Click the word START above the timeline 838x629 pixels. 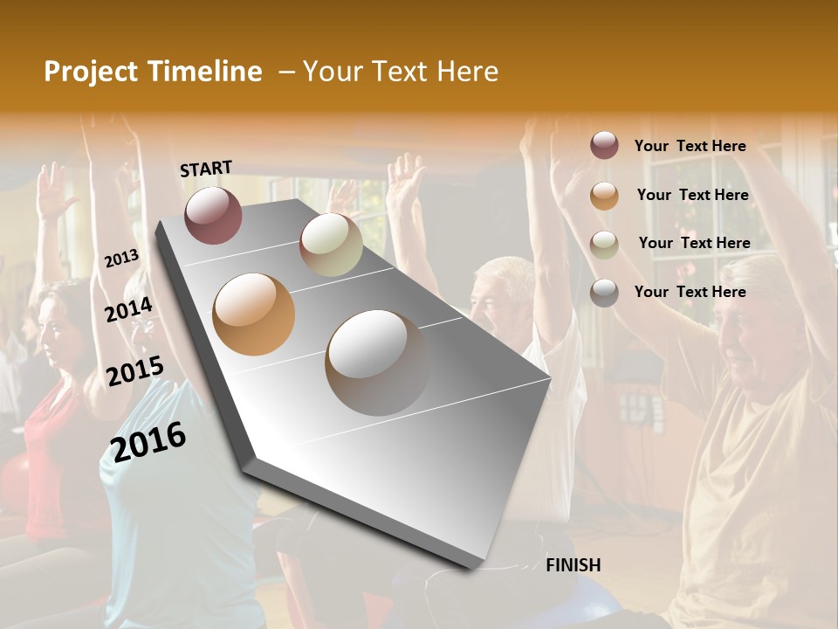coord(206,169)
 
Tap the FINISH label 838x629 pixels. coord(574,565)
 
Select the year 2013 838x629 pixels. coord(122,259)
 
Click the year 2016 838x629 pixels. coord(149,442)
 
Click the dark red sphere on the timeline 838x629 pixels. coord(213,215)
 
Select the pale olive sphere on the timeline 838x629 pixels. coord(331,245)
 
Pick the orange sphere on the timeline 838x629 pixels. coord(254,314)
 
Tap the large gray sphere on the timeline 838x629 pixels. coord(377,363)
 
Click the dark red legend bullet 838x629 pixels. coord(604,146)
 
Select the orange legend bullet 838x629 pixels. coord(604,196)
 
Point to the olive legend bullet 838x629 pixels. coord(604,245)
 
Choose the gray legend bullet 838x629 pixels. coord(604,293)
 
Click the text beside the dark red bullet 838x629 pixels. coord(690,147)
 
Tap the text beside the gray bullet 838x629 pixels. coord(690,292)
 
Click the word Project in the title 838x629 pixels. coord(93,72)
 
